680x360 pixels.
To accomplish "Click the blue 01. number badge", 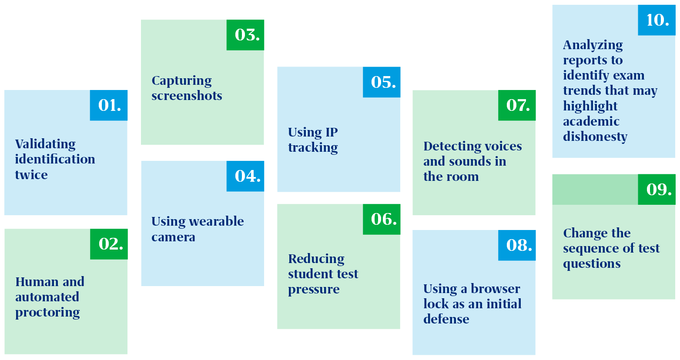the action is point(109,105).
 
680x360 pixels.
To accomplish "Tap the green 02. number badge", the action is point(109,244).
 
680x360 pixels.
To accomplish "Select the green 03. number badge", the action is point(245,35).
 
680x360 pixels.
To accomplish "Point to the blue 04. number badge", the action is point(245,176).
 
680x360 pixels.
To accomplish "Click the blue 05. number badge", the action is point(382,82).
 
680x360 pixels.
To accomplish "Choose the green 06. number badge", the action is point(382,219).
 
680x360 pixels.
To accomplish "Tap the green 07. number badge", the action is point(517,105).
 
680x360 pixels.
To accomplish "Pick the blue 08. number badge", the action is point(517,245).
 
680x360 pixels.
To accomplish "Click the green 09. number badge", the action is point(657,190).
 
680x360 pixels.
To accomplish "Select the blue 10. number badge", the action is point(657,20).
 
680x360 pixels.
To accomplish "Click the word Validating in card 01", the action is point(46,144).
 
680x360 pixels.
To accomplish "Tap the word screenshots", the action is point(187,96).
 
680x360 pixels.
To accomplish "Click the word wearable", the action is point(217,221).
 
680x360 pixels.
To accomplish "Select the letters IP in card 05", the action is point(332,132).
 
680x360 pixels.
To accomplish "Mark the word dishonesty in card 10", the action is point(595,137).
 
